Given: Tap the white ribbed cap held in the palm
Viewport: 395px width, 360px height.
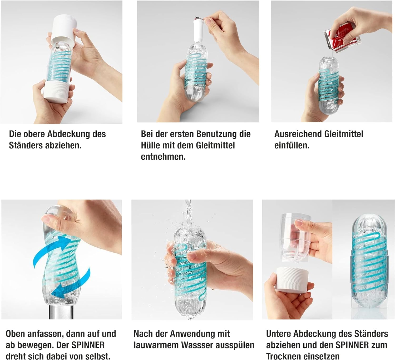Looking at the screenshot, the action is click(292, 279).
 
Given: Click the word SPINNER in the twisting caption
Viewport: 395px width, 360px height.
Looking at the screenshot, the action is click(88, 345).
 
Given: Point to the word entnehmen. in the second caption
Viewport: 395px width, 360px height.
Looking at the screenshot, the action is click(163, 157).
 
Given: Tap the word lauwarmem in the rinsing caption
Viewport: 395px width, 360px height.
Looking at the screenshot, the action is click(156, 345).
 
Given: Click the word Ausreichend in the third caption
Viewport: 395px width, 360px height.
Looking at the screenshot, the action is click(298, 134).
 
